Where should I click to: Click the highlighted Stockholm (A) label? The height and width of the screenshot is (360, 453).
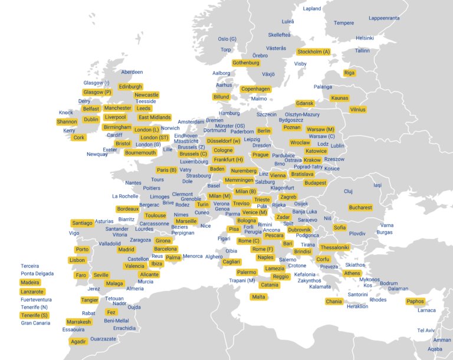coord(314,52)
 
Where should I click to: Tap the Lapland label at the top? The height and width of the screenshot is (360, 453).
coord(312,9)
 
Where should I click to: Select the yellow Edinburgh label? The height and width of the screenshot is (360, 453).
coord(130,87)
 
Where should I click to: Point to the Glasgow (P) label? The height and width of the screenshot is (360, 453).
coord(97,93)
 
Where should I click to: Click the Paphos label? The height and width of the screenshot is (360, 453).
coord(415,302)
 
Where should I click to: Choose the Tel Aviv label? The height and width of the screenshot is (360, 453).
coord(426,330)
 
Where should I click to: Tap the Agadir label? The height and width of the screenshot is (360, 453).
coord(78,342)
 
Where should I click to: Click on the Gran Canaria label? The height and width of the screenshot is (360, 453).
coord(35,323)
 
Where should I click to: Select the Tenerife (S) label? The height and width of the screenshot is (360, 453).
coord(34,315)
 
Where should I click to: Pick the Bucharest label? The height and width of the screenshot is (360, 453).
coord(360,208)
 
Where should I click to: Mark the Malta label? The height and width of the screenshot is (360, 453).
coord(258,297)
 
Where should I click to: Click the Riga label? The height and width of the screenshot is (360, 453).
coord(349,73)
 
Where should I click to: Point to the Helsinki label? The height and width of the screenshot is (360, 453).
coord(365,38)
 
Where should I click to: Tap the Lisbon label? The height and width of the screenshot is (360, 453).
coord(77,260)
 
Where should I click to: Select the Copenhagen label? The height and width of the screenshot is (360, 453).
coord(255,89)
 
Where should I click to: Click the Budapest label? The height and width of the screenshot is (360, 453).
coord(316,183)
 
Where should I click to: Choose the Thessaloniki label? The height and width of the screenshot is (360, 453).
coord(334,247)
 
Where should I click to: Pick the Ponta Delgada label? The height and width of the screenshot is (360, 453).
coord(37,274)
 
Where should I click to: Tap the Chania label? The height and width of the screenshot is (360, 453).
coord(333,302)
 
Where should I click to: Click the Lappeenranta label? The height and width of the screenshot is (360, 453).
coord(384,18)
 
